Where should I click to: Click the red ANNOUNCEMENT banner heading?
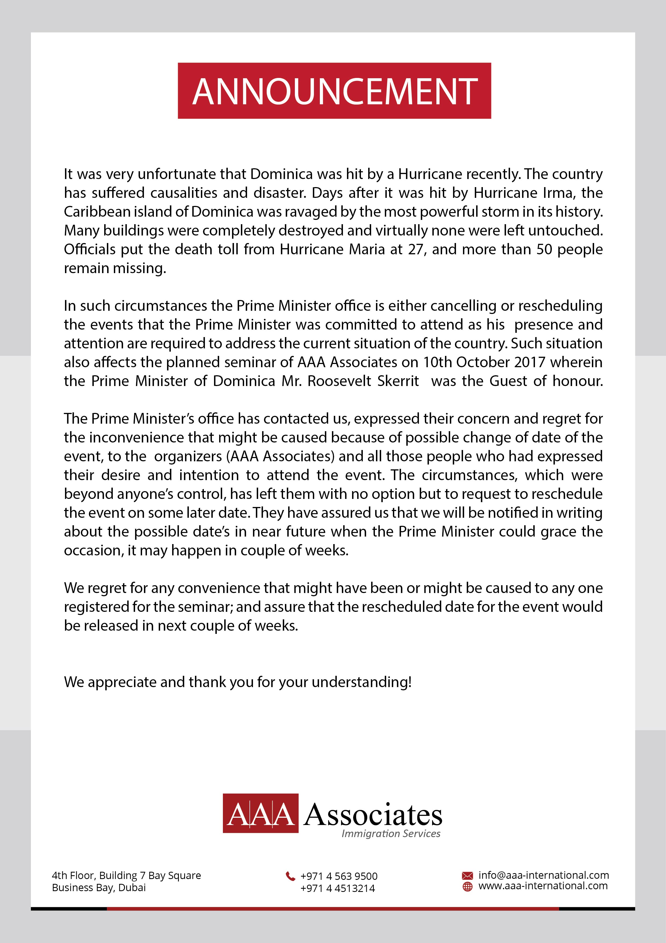[x=334, y=91]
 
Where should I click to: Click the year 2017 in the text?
[x=529, y=362]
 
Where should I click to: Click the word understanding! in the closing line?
[x=361, y=682]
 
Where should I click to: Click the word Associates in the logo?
[x=373, y=815]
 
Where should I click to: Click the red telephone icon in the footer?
[x=290, y=876]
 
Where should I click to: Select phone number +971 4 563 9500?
[x=339, y=876]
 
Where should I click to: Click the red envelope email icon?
[x=467, y=875]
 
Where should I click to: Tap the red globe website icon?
[x=467, y=886]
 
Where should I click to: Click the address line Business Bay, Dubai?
[x=99, y=888]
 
